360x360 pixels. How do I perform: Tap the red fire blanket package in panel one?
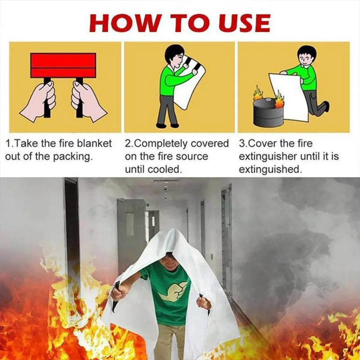tap(63, 65)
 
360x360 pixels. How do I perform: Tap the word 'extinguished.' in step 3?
tap(270, 170)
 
